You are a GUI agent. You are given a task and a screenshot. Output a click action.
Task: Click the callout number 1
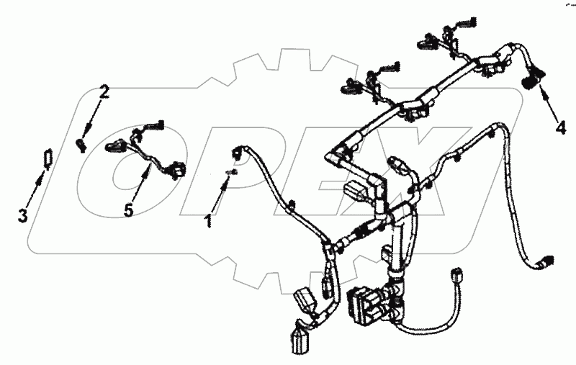[x=208, y=221]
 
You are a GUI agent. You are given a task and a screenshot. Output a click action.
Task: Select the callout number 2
[x=104, y=92]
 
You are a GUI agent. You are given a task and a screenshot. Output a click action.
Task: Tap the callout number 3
[x=23, y=215]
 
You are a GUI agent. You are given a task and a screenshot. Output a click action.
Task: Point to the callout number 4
[x=561, y=128]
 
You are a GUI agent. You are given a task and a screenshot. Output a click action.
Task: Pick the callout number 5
[x=128, y=211]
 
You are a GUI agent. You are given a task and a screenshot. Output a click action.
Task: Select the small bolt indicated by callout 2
[x=82, y=145]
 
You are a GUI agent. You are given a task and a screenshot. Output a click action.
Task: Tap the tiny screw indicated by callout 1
[x=232, y=172]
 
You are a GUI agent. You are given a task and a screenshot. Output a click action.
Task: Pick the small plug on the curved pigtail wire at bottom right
[x=457, y=275]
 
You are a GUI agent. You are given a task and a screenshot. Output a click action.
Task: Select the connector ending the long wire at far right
[x=546, y=261]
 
